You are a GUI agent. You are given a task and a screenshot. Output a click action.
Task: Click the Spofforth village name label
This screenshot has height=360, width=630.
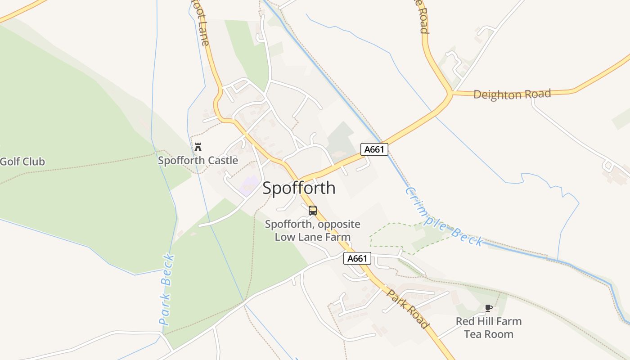click(299, 188)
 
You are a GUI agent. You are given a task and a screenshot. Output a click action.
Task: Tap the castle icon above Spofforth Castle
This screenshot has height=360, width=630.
click(198, 147)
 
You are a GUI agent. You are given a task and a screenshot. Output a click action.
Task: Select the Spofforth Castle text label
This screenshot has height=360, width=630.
click(198, 160)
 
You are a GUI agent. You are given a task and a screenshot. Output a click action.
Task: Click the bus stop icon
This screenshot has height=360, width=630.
click(313, 210)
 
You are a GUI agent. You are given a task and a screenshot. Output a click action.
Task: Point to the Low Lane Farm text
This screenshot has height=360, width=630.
click(313, 237)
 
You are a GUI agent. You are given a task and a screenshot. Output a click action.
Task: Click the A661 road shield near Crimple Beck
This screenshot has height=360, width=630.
click(374, 149)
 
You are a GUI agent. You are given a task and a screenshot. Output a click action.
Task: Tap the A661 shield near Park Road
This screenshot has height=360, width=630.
click(357, 258)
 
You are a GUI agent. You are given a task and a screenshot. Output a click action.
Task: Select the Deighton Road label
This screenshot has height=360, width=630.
click(512, 94)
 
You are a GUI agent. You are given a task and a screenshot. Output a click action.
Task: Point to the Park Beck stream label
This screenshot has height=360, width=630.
click(167, 290)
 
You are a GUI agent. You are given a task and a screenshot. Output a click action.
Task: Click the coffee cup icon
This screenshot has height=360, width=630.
click(488, 308)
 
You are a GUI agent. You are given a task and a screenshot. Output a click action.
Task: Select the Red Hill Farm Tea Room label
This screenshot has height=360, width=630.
click(489, 328)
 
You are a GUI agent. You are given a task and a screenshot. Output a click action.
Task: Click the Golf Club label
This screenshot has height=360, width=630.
click(22, 162)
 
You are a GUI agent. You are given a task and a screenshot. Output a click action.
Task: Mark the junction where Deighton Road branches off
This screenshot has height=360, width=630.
click(449, 94)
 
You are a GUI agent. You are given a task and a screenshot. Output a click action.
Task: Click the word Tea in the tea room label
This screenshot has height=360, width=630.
click(472, 334)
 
